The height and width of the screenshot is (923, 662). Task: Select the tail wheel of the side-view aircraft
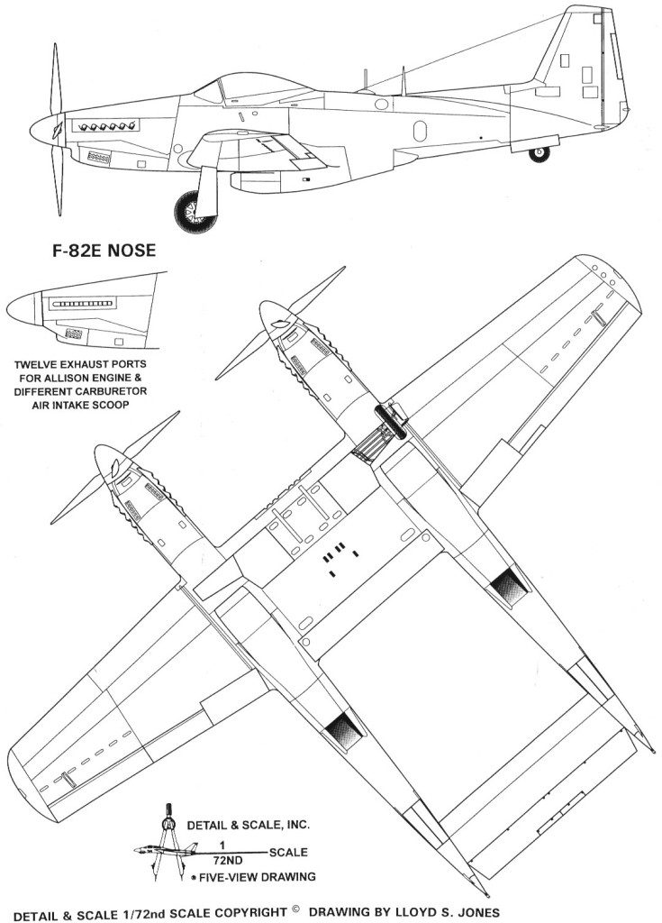pyautogui.click(x=539, y=153)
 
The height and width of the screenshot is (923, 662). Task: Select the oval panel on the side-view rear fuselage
pyautogui.click(x=420, y=131)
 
